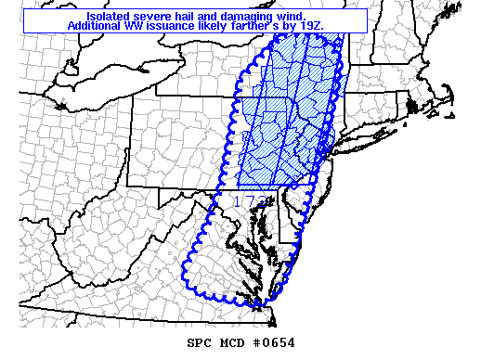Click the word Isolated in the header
(107, 17)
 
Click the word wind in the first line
(279, 17)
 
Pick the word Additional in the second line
(96, 26)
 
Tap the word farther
(243, 26)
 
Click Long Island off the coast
(371, 129)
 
